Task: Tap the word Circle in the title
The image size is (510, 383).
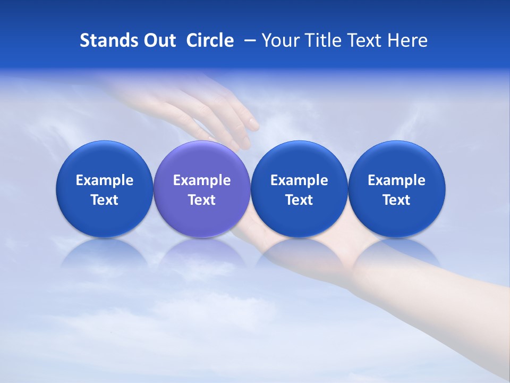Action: [210, 40]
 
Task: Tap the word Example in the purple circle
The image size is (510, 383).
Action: [202, 180]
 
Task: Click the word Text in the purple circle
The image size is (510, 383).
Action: [202, 200]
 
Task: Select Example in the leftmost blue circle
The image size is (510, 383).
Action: [105, 180]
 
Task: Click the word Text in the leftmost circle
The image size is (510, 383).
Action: [105, 200]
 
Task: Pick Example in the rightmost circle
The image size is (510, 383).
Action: [396, 180]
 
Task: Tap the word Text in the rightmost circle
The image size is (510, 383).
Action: [396, 200]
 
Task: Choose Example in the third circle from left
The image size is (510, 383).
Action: [299, 180]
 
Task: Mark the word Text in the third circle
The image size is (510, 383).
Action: [299, 200]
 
